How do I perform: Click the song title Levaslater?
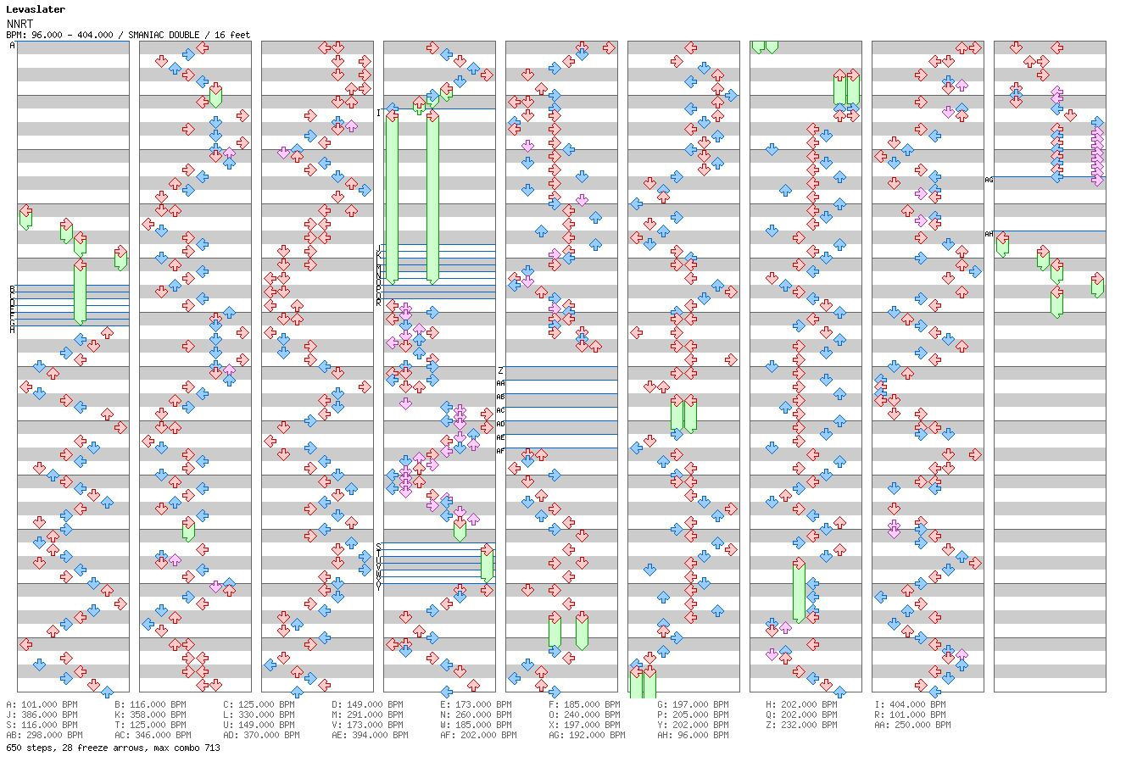[36, 9]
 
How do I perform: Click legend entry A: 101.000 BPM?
[42, 704]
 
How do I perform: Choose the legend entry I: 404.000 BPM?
[910, 704]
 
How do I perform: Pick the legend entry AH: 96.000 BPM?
[693, 735]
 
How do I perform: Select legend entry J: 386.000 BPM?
[42, 715]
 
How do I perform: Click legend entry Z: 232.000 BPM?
[801, 725]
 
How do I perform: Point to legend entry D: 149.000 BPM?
[367, 704]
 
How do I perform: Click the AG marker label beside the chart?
[989, 180]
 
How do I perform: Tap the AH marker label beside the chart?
[989, 234]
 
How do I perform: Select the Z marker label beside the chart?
[501, 370]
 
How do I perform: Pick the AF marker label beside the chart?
[500, 451]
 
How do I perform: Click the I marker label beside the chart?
[379, 113]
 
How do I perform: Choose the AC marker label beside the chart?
[500, 410]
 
